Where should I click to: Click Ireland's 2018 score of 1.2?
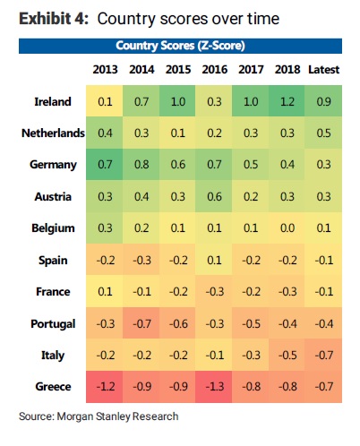[287, 102]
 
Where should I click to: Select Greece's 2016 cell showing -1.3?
[215, 387]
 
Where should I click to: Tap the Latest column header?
[324, 70]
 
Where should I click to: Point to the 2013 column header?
[105, 70]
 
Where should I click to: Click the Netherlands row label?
[53, 133]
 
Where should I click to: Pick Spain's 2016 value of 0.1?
[214, 261]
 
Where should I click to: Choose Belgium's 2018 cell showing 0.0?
[287, 228]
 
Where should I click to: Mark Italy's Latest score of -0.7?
[324, 356]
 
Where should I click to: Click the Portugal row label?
[53, 324]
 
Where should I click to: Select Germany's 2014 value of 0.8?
[141, 165]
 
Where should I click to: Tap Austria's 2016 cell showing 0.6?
[214, 197]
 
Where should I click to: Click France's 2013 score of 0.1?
[105, 291]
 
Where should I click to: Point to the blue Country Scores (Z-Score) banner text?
[180, 46]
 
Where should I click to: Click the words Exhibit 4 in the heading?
[54, 19]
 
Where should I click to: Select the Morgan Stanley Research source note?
[99, 416]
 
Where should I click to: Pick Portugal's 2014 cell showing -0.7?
[141, 324]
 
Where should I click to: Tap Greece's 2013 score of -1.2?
[106, 387]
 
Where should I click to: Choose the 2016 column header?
[215, 70]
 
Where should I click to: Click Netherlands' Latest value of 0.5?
[324, 133]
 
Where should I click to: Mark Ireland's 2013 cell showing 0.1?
[105, 102]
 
